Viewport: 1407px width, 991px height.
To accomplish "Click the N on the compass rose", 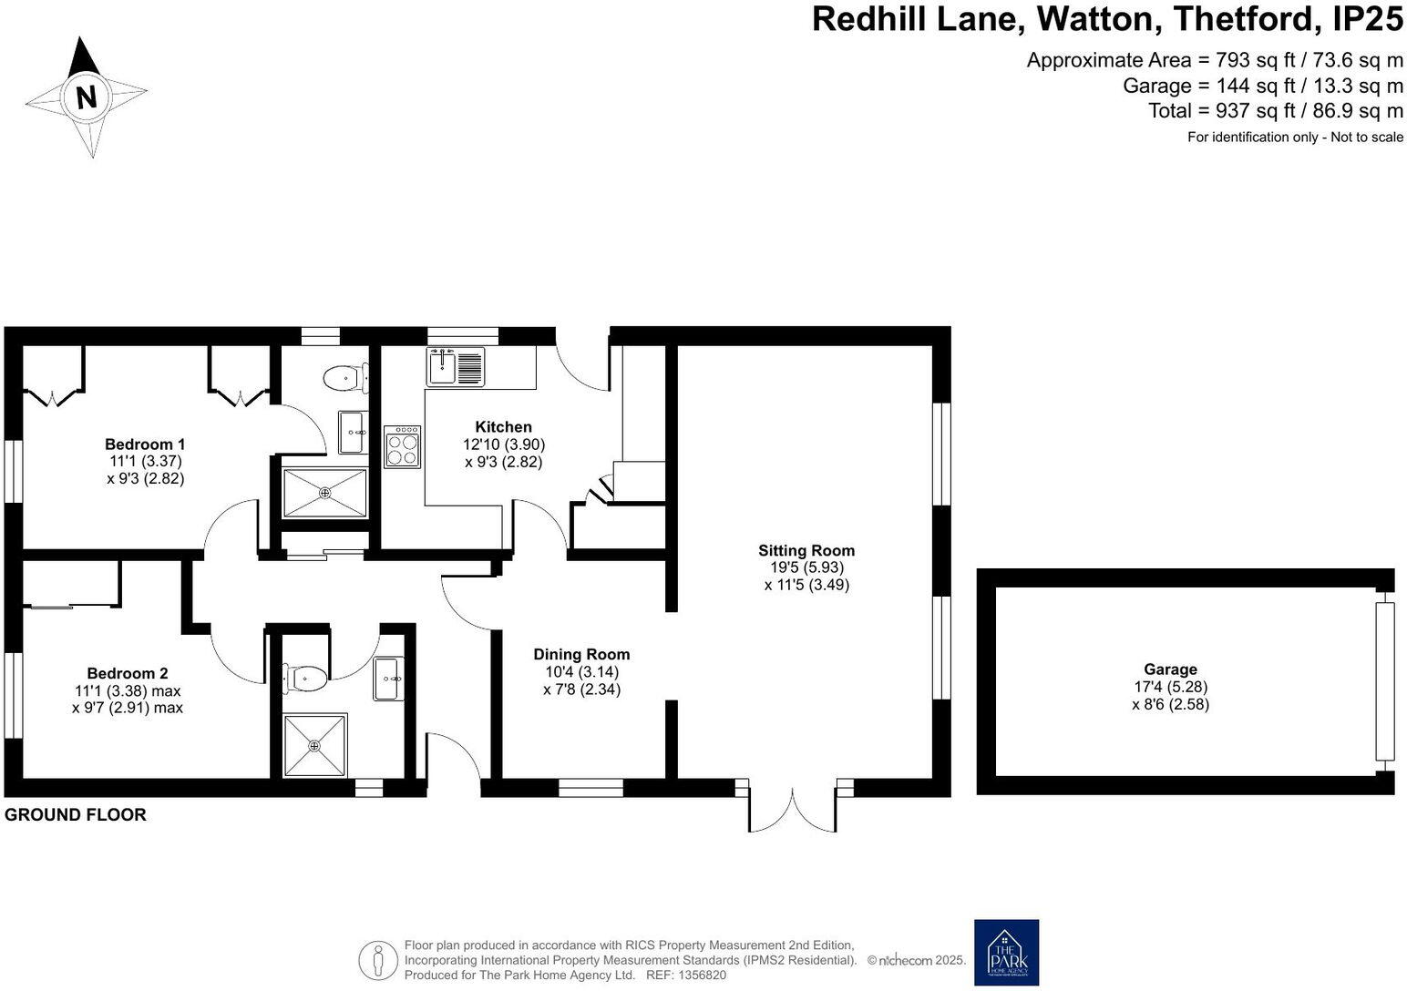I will pos(87,97).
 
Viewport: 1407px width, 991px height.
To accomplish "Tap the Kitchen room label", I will pos(503,427).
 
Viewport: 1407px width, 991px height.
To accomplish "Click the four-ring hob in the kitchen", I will pos(403,446).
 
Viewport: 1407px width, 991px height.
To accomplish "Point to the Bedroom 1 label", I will pos(145,444).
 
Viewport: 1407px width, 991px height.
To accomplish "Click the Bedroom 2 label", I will pos(128,674).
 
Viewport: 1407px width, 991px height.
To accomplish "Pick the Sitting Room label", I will pos(806,550).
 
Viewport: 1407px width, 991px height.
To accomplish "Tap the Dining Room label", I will pos(581,655).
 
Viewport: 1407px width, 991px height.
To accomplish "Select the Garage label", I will pos(1170,669).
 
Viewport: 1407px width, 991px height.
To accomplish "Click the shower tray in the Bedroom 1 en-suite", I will pos(324,493).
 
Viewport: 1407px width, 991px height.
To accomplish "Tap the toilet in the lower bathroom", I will pos(306,676).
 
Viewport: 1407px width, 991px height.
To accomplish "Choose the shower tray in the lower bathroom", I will pos(314,746).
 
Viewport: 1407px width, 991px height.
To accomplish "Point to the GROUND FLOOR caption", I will pos(76,815).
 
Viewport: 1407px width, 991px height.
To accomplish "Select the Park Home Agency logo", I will pos(1006,952).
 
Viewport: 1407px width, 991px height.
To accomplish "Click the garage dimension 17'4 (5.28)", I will pos(1170,687).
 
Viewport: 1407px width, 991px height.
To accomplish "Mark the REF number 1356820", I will pos(701,975).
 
